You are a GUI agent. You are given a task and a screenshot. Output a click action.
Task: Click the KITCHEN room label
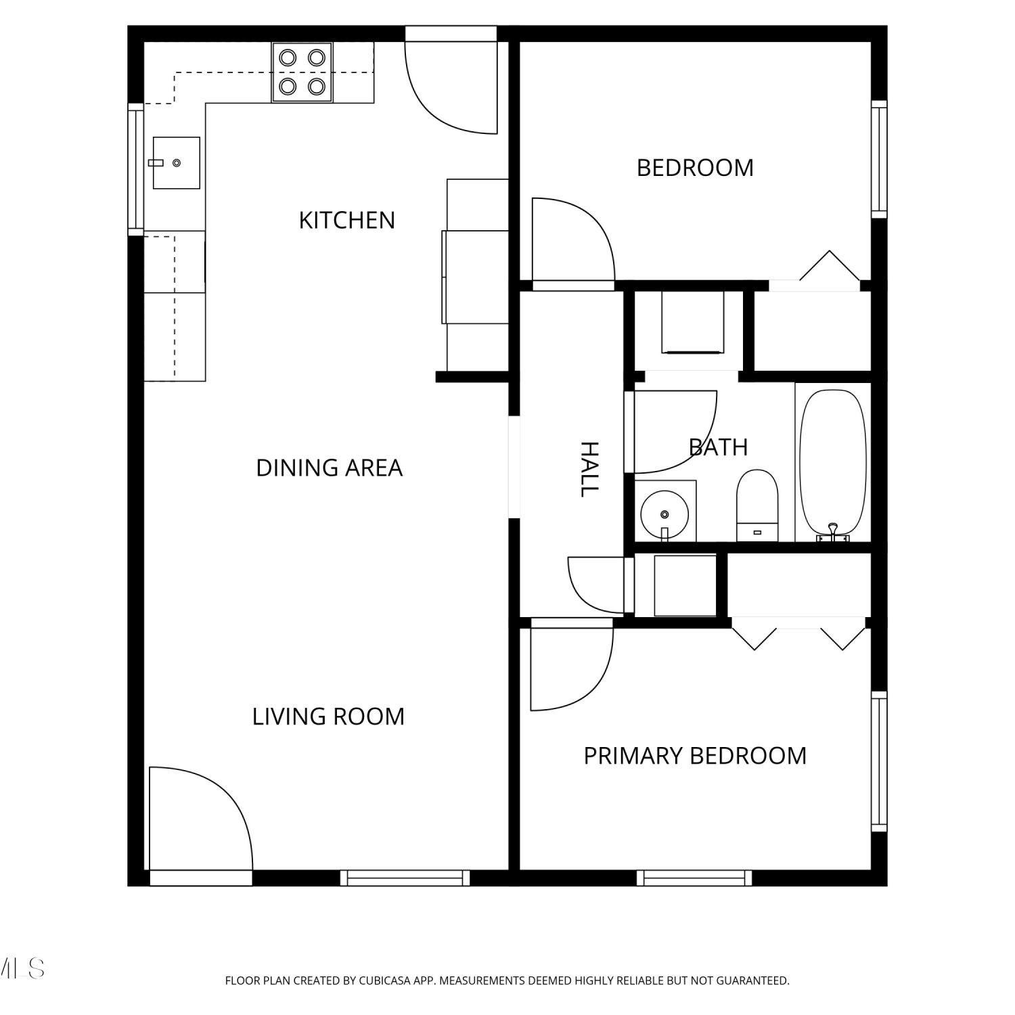(x=346, y=221)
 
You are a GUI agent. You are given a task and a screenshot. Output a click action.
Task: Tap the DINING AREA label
(x=329, y=468)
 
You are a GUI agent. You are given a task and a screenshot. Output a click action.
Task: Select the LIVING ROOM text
(x=328, y=717)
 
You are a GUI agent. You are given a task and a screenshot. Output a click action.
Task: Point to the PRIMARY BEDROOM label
(x=695, y=756)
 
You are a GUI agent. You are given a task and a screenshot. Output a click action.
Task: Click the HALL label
(x=590, y=469)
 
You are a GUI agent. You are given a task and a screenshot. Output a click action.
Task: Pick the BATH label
(x=718, y=447)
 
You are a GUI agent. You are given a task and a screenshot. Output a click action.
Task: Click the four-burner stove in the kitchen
(x=302, y=72)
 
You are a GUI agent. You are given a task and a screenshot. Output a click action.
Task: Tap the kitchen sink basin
(x=176, y=163)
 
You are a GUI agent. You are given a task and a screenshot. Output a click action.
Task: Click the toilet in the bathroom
(x=757, y=505)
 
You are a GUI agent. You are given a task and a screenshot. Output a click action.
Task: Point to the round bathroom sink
(x=664, y=515)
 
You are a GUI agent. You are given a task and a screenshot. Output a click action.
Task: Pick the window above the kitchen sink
(x=136, y=169)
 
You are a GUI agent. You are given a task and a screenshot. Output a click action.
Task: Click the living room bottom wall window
(x=405, y=878)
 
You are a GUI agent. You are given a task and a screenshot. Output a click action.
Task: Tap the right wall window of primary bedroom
(x=879, y=762)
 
